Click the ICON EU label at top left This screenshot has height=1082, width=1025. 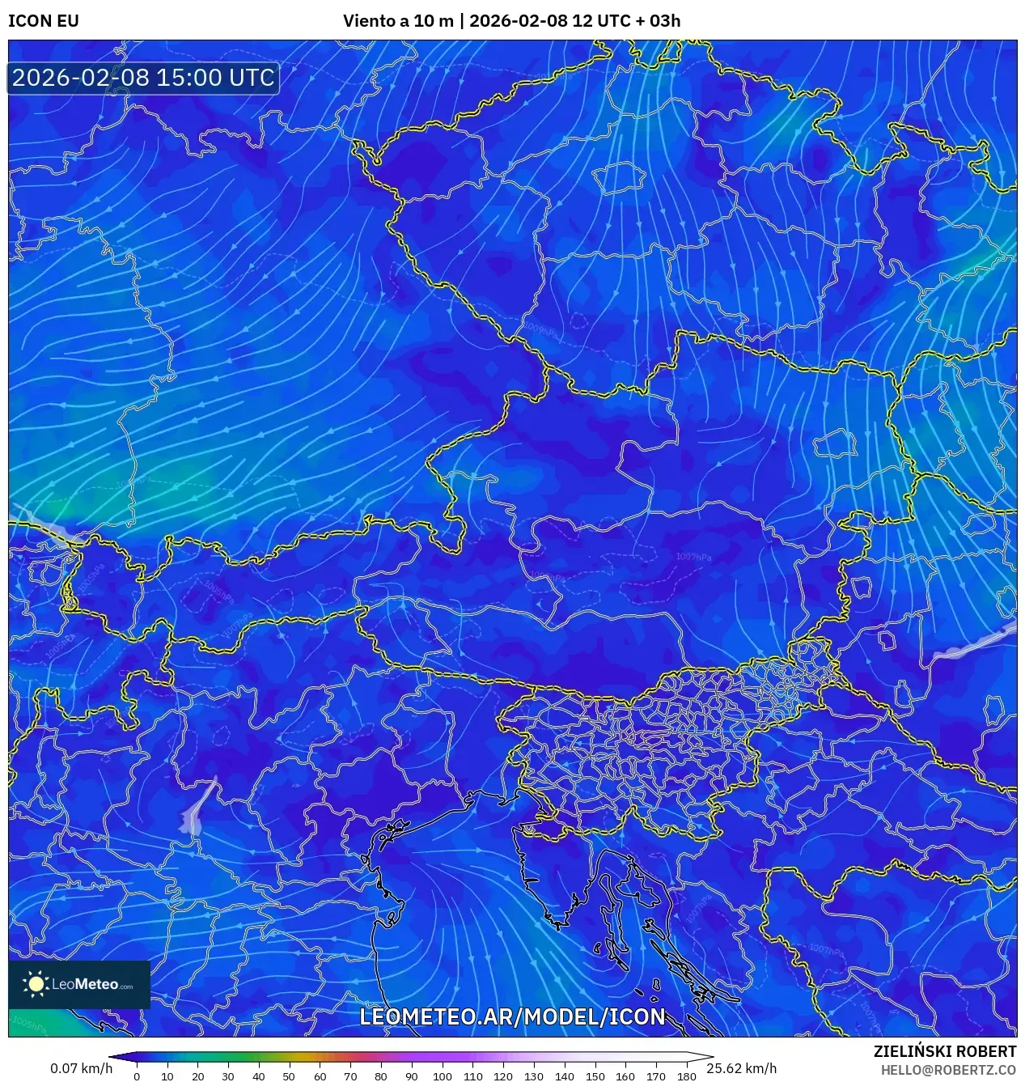pos(44,21)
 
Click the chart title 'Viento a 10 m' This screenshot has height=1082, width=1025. pos(398,21)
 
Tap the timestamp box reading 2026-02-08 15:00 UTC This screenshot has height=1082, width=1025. pos(143,78)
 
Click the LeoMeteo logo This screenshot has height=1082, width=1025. pos(79,984)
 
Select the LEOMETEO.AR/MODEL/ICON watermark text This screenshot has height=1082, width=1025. pos(512,1016)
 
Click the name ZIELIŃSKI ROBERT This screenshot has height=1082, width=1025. pos(945,1051)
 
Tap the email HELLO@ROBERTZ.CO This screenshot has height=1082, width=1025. pos(948,1070)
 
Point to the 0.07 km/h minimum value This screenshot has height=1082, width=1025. pos(81,1068)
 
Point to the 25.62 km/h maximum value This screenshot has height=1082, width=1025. pos(741,1068)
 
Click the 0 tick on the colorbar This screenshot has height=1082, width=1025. pos(137,1076)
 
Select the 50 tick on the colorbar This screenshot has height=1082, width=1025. pos(289,1076)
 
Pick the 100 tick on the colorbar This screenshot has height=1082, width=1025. pos(442,1076)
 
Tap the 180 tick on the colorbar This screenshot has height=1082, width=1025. pos(686,1076)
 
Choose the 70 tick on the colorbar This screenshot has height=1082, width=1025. pos(350,1076)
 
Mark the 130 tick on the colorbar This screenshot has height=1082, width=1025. pos(533,1076)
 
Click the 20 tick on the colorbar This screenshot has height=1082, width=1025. pos(197,1076)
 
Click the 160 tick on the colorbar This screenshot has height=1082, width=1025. pos(625,1076)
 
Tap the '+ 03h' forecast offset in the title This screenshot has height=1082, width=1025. pos(658,21)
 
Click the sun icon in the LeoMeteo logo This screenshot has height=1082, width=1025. pos(36,984)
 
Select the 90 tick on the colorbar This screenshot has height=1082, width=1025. pos(411,1076)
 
